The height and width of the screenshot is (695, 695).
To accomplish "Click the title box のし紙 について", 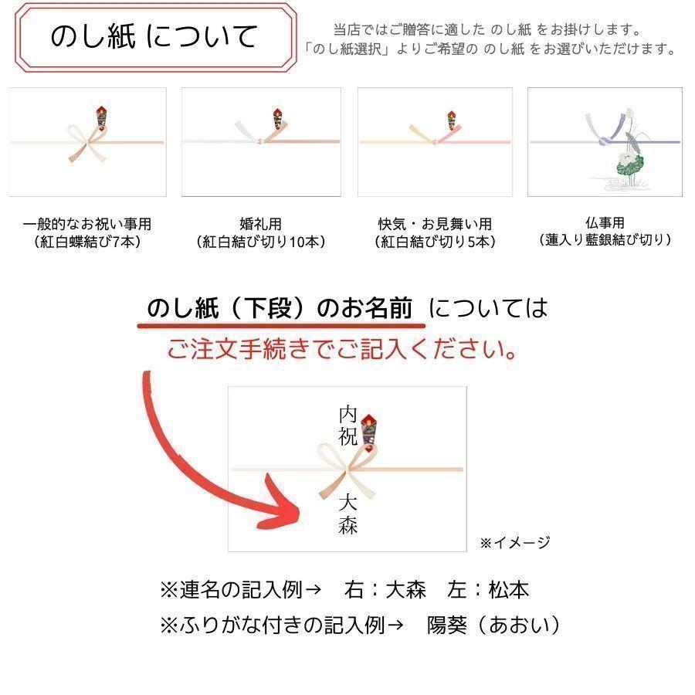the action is pos(155,36).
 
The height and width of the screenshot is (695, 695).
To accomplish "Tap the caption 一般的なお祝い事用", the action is pos(86,224).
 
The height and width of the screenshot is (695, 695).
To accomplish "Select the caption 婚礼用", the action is pos(261,224).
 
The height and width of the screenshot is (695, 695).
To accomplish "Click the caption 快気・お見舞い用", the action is pos(435,224).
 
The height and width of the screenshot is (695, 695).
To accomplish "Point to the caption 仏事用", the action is pos(605,222).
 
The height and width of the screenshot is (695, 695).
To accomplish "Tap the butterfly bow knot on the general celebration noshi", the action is pos(87,143).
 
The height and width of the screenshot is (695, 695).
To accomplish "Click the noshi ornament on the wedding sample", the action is pos(277,118).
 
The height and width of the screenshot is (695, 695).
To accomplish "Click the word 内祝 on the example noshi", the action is pos(348,425).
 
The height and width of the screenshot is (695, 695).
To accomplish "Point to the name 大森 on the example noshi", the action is pos(348,514).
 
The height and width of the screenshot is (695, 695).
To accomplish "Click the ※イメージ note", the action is pos(515,542).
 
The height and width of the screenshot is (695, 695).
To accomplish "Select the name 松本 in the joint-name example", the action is pos(509,590).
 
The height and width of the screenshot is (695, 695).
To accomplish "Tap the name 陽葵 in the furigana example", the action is pos(447,625).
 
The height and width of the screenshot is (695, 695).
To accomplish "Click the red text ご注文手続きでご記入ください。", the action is pos(342,349).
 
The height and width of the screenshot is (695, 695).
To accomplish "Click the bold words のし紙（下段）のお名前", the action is pos(280,308).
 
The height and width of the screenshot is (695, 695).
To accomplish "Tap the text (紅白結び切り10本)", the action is pos(261,242).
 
